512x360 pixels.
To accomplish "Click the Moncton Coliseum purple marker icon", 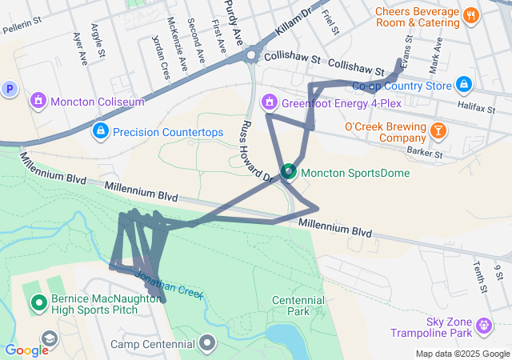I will [37, 102].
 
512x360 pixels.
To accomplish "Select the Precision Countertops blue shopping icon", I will [100, 131].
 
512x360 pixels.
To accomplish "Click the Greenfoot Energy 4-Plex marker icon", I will [270, 102].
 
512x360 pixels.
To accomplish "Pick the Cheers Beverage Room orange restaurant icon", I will [470, 14].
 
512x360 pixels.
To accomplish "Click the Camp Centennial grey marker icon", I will [209, 344].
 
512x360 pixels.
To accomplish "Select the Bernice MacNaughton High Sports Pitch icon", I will [38, 303].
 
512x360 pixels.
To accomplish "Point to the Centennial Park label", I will [298, 305].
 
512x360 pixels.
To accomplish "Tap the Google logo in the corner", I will [26, 350].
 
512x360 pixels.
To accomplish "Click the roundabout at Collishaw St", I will [253, 55].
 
